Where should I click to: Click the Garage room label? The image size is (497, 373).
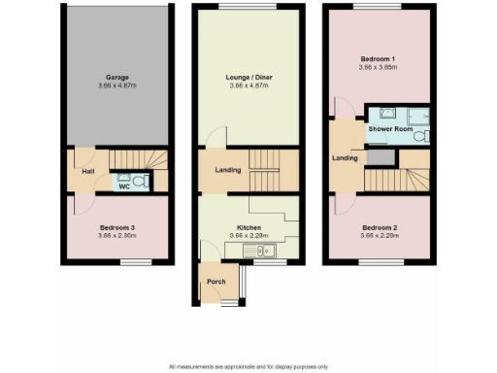(x=117, y=77)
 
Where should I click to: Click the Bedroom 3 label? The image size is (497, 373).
(x=117, y=228)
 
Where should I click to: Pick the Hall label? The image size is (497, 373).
(x=87, y=172)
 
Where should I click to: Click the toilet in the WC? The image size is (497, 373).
(x=141, y=180)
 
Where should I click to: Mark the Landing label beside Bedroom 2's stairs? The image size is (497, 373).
(x=345, y=158)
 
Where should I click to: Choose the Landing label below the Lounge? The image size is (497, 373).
(x=228, y=172)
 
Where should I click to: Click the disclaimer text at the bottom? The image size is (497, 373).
(x=248, y=366)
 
